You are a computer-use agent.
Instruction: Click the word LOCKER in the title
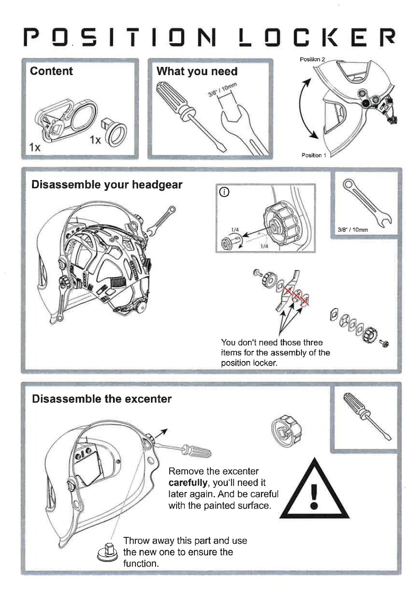[317, 37]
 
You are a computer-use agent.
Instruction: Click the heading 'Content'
[51, 71]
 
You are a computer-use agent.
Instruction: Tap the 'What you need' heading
[197, 71]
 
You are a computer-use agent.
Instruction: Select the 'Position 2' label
[312, 60]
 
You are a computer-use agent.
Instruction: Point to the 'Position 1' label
[313, 155]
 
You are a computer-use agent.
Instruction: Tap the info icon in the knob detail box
[225, 192]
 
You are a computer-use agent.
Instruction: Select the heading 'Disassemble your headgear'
[107, 185]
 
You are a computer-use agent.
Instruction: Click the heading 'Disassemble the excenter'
[102, 399]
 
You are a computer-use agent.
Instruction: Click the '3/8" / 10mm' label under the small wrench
[353, 230]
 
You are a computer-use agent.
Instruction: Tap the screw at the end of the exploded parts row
[384, 343]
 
